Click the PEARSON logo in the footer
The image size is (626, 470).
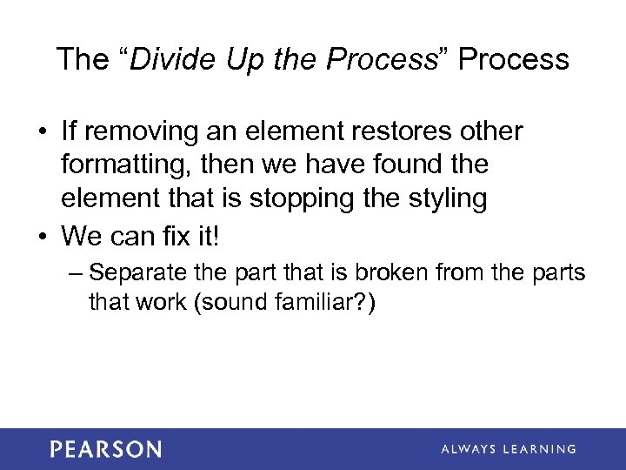[x=105, y=449]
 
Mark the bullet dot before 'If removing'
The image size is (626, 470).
[x=43, y=132]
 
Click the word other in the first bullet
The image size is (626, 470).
[x=493, y=132]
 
